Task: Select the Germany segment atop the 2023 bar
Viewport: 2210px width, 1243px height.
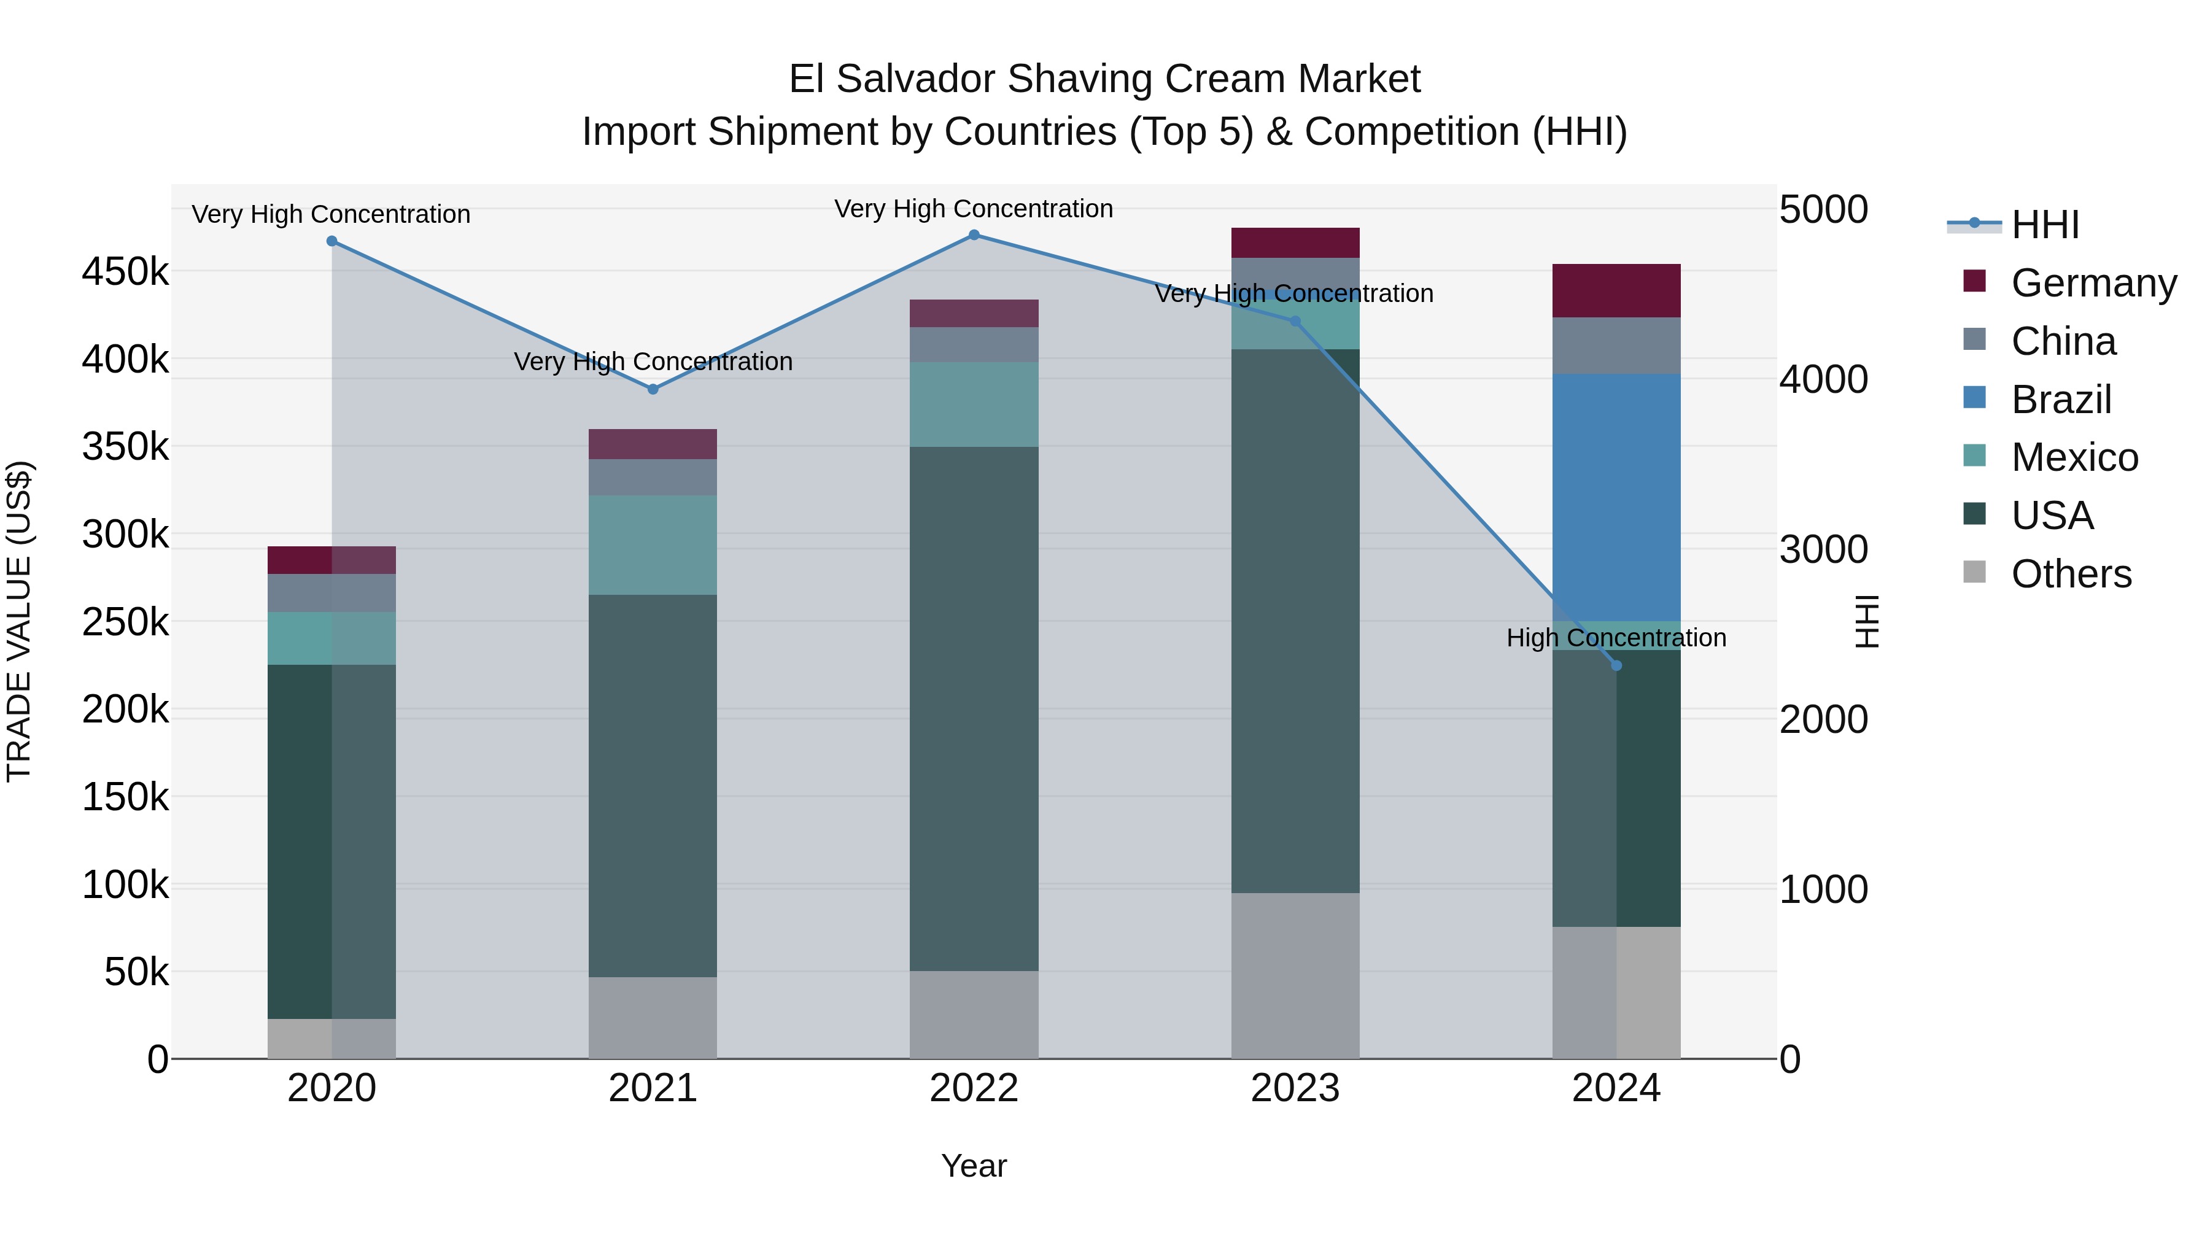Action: point(1295,242)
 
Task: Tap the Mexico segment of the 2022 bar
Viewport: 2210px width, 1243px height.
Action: point(974,404)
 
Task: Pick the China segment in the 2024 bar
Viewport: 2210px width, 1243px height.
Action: point(1616,346)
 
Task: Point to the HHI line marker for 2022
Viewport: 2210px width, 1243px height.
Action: point(974,235)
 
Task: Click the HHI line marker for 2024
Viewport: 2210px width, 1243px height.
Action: point(1616,665)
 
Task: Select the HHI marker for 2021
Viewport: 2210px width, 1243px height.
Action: point(653,389)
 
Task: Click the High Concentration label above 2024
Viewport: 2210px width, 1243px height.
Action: point(1616,638)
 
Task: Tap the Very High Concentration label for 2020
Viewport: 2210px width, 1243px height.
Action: point(330,214)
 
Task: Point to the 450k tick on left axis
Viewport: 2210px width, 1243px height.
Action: point(125,273)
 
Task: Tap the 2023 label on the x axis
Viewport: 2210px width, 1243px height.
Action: point(1295,1088)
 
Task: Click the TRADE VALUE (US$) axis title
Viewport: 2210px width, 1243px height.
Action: point(19,621)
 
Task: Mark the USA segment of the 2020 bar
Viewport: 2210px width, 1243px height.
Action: point(331,841)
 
